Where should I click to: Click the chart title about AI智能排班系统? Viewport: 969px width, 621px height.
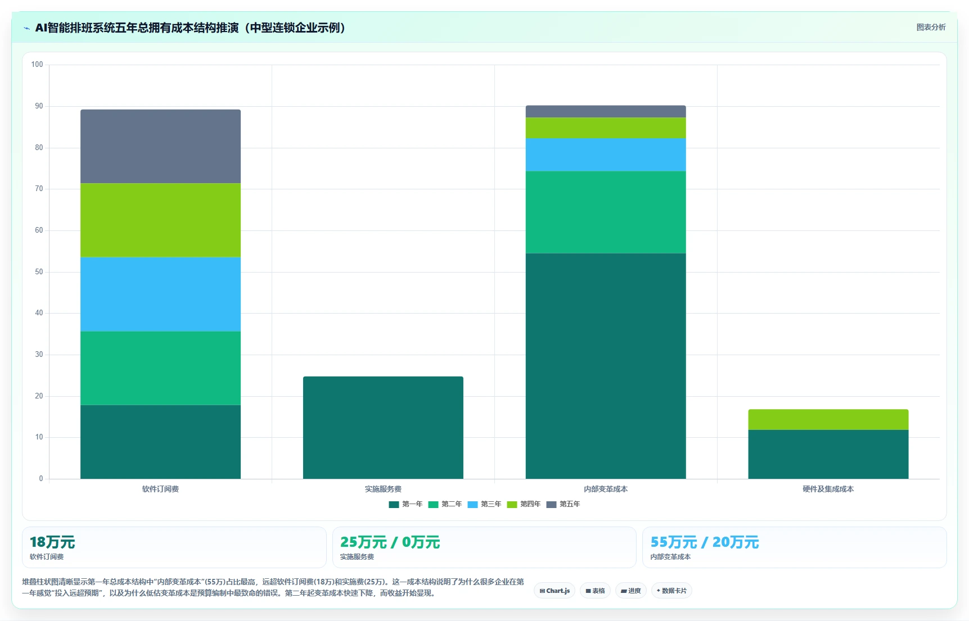point(190,28)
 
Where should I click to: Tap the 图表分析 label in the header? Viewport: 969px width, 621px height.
point(931,27)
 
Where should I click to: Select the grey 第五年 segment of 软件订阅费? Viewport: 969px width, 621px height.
point(160,146)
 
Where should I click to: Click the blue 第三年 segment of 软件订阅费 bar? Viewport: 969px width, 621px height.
point(160,294)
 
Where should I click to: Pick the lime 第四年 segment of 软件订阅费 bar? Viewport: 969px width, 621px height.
point(160,220)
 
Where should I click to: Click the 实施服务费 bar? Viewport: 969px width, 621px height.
point(383,428)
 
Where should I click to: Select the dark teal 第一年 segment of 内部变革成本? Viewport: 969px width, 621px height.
point(606,366)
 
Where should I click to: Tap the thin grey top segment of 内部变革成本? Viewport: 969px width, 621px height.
point(606,111)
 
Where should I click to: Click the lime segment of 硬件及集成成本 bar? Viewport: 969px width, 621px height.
point(828,419)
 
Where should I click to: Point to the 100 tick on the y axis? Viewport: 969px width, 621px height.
point(37,65)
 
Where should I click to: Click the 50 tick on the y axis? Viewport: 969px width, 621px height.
point(39,272)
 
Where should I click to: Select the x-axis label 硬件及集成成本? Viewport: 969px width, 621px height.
point(828,489)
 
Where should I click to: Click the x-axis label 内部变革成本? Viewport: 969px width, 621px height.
point(606,489)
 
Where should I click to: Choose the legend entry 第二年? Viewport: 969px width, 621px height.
point(445,504)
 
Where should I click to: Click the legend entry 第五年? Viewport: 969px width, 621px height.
point(563,504)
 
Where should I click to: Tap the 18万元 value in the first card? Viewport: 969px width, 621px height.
point(52,542)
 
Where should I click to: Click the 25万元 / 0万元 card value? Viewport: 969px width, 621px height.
point(390,542)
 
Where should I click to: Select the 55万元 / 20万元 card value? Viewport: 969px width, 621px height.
point(705,542)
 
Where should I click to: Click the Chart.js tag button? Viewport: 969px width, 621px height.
point(555,591)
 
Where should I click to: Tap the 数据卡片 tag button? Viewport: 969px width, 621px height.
point(671,591)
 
